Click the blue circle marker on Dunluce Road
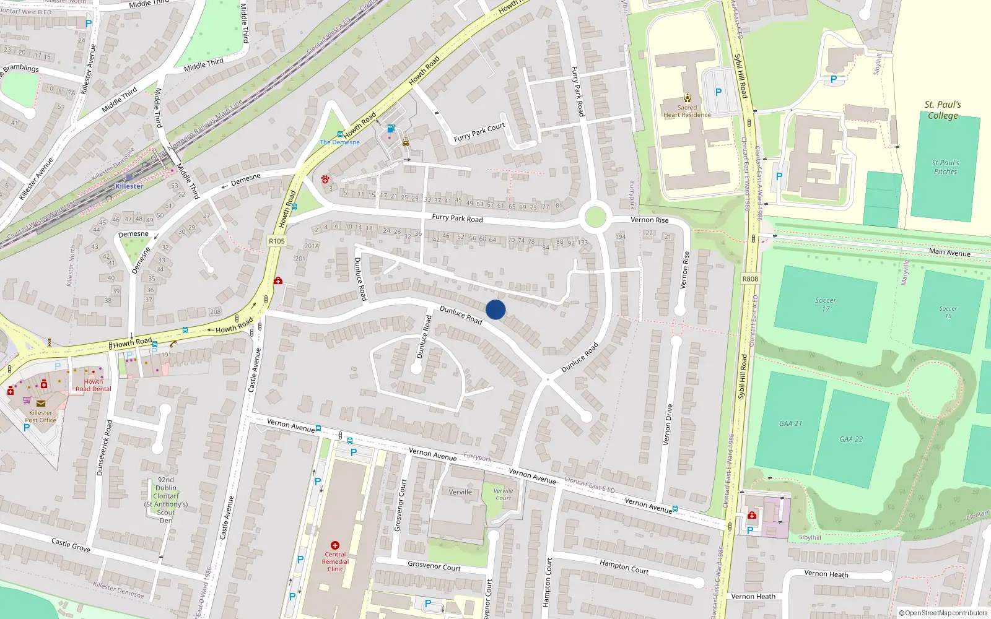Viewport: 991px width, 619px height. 495,309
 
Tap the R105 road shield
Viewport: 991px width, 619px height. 277,241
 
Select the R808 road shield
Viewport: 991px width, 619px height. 750,279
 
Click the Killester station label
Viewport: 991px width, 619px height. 129,186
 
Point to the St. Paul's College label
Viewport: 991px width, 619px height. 943,110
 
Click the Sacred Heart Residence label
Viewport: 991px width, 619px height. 687,111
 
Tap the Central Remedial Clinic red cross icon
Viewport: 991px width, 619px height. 335,545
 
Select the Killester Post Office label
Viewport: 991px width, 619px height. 41,417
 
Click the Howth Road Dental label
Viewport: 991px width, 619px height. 94,385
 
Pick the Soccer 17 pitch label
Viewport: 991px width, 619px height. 825,304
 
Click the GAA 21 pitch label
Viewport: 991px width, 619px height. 790,423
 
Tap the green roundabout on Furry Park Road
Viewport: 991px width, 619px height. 595,217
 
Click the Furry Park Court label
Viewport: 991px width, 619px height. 479,132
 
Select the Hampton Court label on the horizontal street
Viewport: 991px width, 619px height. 624,566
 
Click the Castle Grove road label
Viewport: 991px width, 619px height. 71,545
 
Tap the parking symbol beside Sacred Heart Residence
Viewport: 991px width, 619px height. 718,92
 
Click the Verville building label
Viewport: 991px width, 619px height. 460,492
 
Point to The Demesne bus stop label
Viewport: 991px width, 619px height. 339,142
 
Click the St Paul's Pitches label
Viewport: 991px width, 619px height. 945,167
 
